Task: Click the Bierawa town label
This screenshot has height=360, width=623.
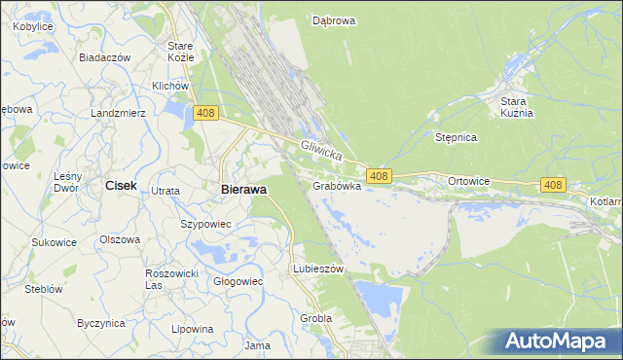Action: click(243, 190)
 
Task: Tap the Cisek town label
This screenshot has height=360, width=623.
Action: click(121, 185)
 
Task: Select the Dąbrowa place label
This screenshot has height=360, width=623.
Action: click(333, 19)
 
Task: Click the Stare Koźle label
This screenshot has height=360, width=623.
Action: click(181, 52)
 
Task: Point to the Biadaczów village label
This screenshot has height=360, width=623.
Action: click(105, 57)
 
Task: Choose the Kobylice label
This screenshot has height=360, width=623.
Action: click(32, 26)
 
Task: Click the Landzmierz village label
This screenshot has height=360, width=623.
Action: click(118, 113)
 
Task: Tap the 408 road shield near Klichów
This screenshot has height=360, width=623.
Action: click(204, 114)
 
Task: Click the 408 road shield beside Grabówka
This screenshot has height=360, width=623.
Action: click(380, 176)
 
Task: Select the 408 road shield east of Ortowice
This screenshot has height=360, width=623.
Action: click(553, 185)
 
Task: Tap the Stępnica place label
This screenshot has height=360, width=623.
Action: click(456, 137)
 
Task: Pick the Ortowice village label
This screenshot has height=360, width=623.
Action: click(468, 182)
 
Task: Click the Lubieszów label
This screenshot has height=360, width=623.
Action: click(318, 270)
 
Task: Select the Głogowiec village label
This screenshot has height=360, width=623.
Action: click(238, 281)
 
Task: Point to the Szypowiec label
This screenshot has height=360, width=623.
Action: click(205, 224)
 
